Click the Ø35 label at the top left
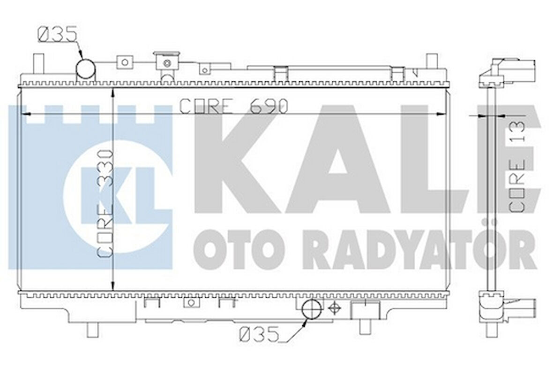[57, 36]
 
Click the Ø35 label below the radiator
[259, 334]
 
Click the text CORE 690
[233, 107]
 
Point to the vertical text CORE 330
[104, 203]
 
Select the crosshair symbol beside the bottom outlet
[334, 308]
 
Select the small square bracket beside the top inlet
[125, 61]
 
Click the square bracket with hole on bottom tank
[191, 303]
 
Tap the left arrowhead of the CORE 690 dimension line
[27, 114]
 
